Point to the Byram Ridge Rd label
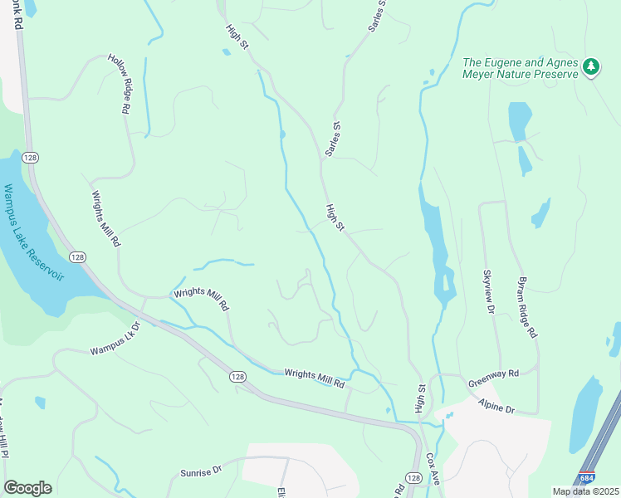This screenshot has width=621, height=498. [528, 306]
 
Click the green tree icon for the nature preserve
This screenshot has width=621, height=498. [590, 66]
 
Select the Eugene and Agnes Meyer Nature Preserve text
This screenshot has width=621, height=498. [520, 68]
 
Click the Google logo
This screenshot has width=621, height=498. [27, 488]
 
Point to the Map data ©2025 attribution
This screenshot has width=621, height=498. [584, 491]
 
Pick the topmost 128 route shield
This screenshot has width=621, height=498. [31, 158]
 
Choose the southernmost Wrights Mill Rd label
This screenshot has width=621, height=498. [314, 379]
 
